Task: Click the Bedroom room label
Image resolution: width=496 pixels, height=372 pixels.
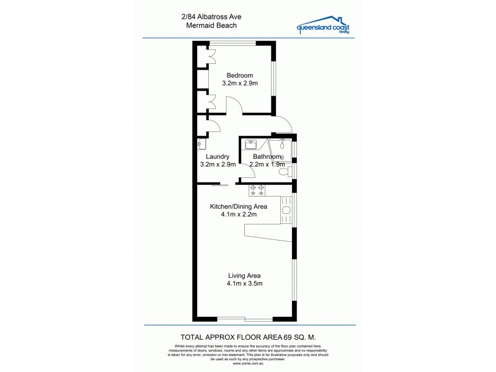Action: [x=239, y=75]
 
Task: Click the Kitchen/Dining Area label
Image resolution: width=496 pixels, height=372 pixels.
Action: [x=238, y=206]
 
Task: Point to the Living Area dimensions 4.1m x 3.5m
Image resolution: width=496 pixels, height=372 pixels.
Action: [x=246, y=284]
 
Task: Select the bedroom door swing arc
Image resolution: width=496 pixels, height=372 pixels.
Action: [x=232, y=106]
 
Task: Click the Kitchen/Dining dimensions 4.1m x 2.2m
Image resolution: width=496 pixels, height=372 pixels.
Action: [x=238, y=215]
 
